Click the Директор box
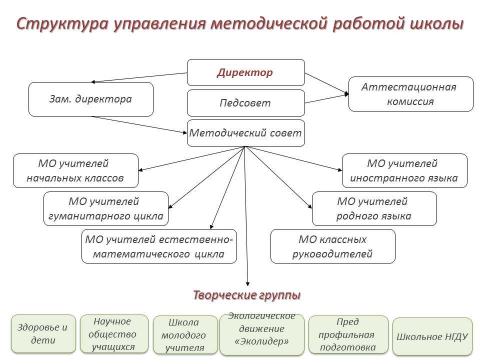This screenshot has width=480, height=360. pos(245,72)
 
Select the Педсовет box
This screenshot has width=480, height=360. pos(245,103)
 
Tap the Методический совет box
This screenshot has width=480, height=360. pos(245,133)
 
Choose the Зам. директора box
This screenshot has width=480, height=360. pos(90,99)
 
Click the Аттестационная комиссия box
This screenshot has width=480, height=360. pos(410,94)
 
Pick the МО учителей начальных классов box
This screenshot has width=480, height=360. pos(75,170)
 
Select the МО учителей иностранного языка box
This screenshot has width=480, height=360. pos(404,170)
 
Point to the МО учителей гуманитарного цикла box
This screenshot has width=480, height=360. pos(106,209)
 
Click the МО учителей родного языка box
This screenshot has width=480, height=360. pos(374,209)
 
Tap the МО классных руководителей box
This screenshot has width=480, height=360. pos(332,246)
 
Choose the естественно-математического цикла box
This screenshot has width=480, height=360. pos(159,246)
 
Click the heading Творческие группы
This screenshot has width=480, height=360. pos(247,295)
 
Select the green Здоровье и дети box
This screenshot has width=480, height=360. pos(43,334)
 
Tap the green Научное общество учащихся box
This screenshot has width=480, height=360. pos(114,333)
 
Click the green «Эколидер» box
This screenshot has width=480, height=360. pos(261,333)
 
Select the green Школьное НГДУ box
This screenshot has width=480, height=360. pos(432,336)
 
